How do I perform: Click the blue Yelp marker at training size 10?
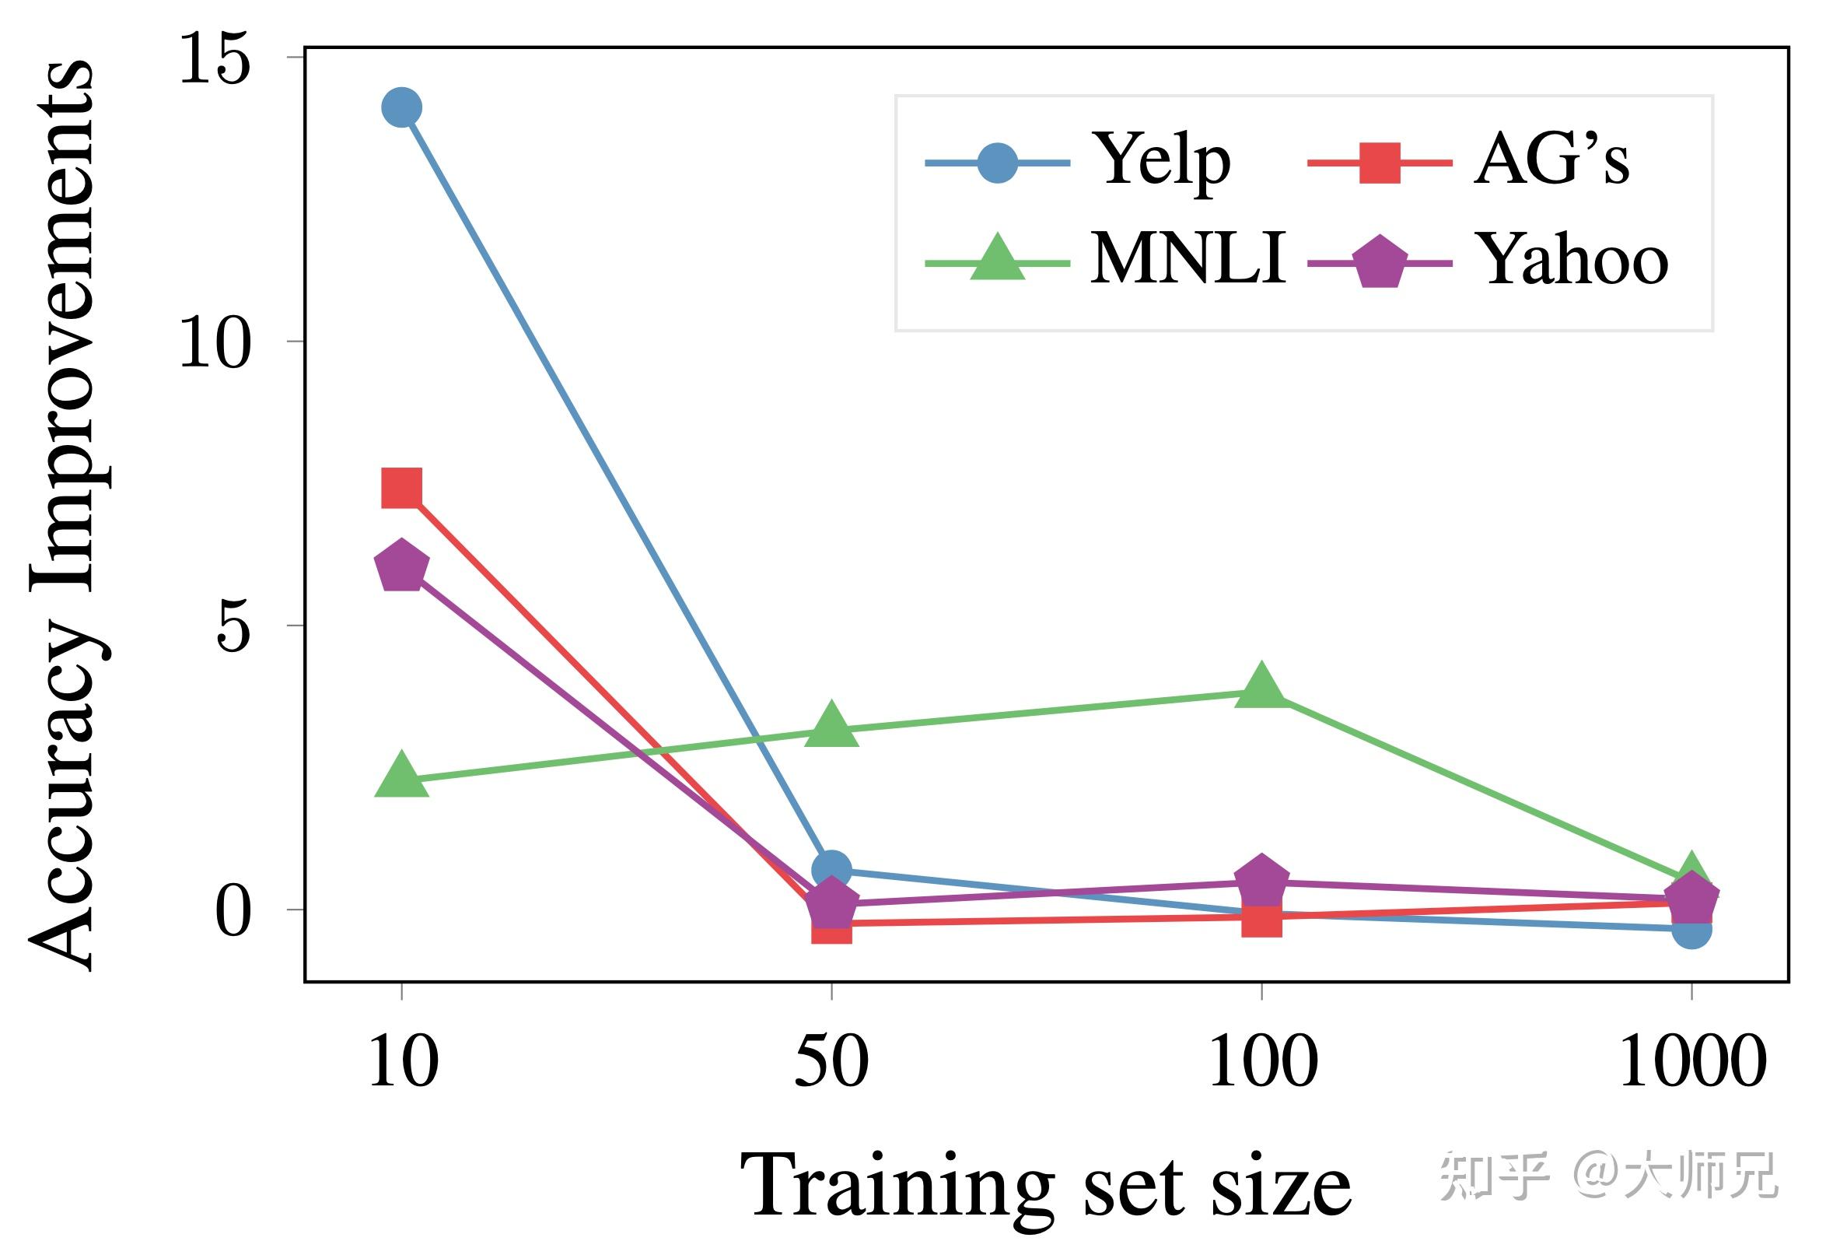(401, 107)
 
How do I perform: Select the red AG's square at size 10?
(401, 488)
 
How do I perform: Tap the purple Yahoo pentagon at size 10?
(401, 566)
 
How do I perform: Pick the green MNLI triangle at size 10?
(401, 776)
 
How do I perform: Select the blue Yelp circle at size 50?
(831, 869)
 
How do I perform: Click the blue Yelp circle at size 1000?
(1691, 930)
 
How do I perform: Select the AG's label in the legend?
(1551, 161)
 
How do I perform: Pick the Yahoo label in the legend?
(1573, 259)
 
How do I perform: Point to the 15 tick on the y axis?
(214, 59)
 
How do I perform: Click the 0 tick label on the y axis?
(233, 912)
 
